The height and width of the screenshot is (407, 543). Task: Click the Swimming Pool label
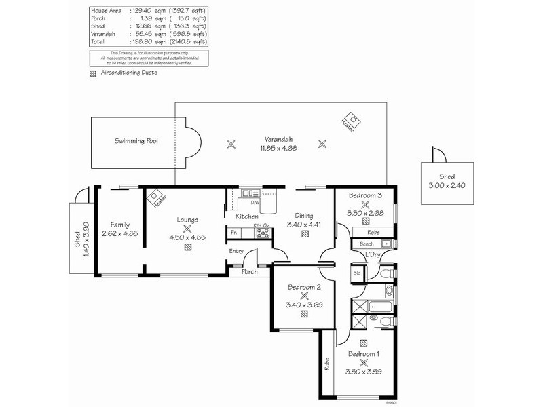136,141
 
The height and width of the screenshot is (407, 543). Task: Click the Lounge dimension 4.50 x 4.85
187,237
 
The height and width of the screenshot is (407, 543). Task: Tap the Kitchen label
246,216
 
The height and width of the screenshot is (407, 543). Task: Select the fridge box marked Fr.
234,233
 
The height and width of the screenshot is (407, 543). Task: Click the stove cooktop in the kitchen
262,233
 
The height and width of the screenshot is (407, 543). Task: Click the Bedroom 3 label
366,195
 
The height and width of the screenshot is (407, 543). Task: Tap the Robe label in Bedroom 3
374,231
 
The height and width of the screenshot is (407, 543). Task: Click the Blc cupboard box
358,273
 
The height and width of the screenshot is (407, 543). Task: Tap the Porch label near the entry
250,273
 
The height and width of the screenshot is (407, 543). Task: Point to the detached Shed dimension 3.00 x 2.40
447,184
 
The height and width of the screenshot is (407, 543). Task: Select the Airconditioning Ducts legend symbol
93,73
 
